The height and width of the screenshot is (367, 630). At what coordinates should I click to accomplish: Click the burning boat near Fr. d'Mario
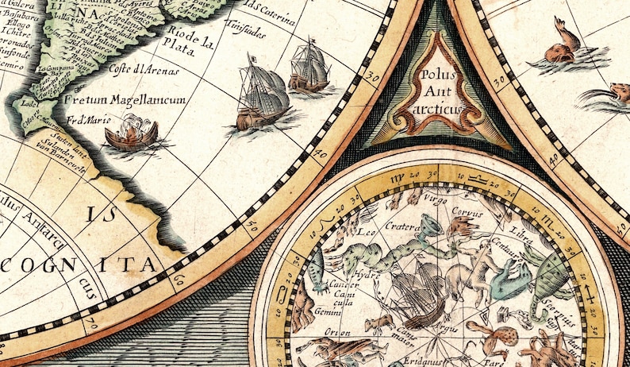tap(132, 134)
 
